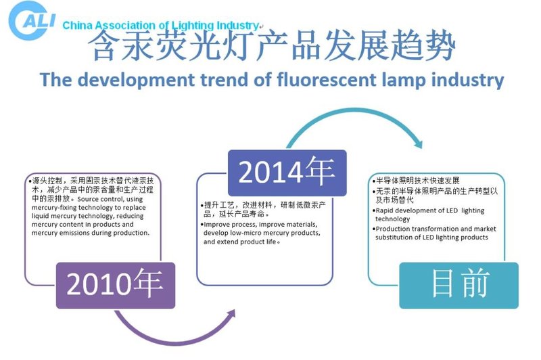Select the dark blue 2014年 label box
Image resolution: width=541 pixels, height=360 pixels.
point(287,173)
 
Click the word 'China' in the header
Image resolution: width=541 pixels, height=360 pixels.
point(76,26)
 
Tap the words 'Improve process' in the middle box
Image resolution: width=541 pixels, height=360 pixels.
point(230,224)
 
